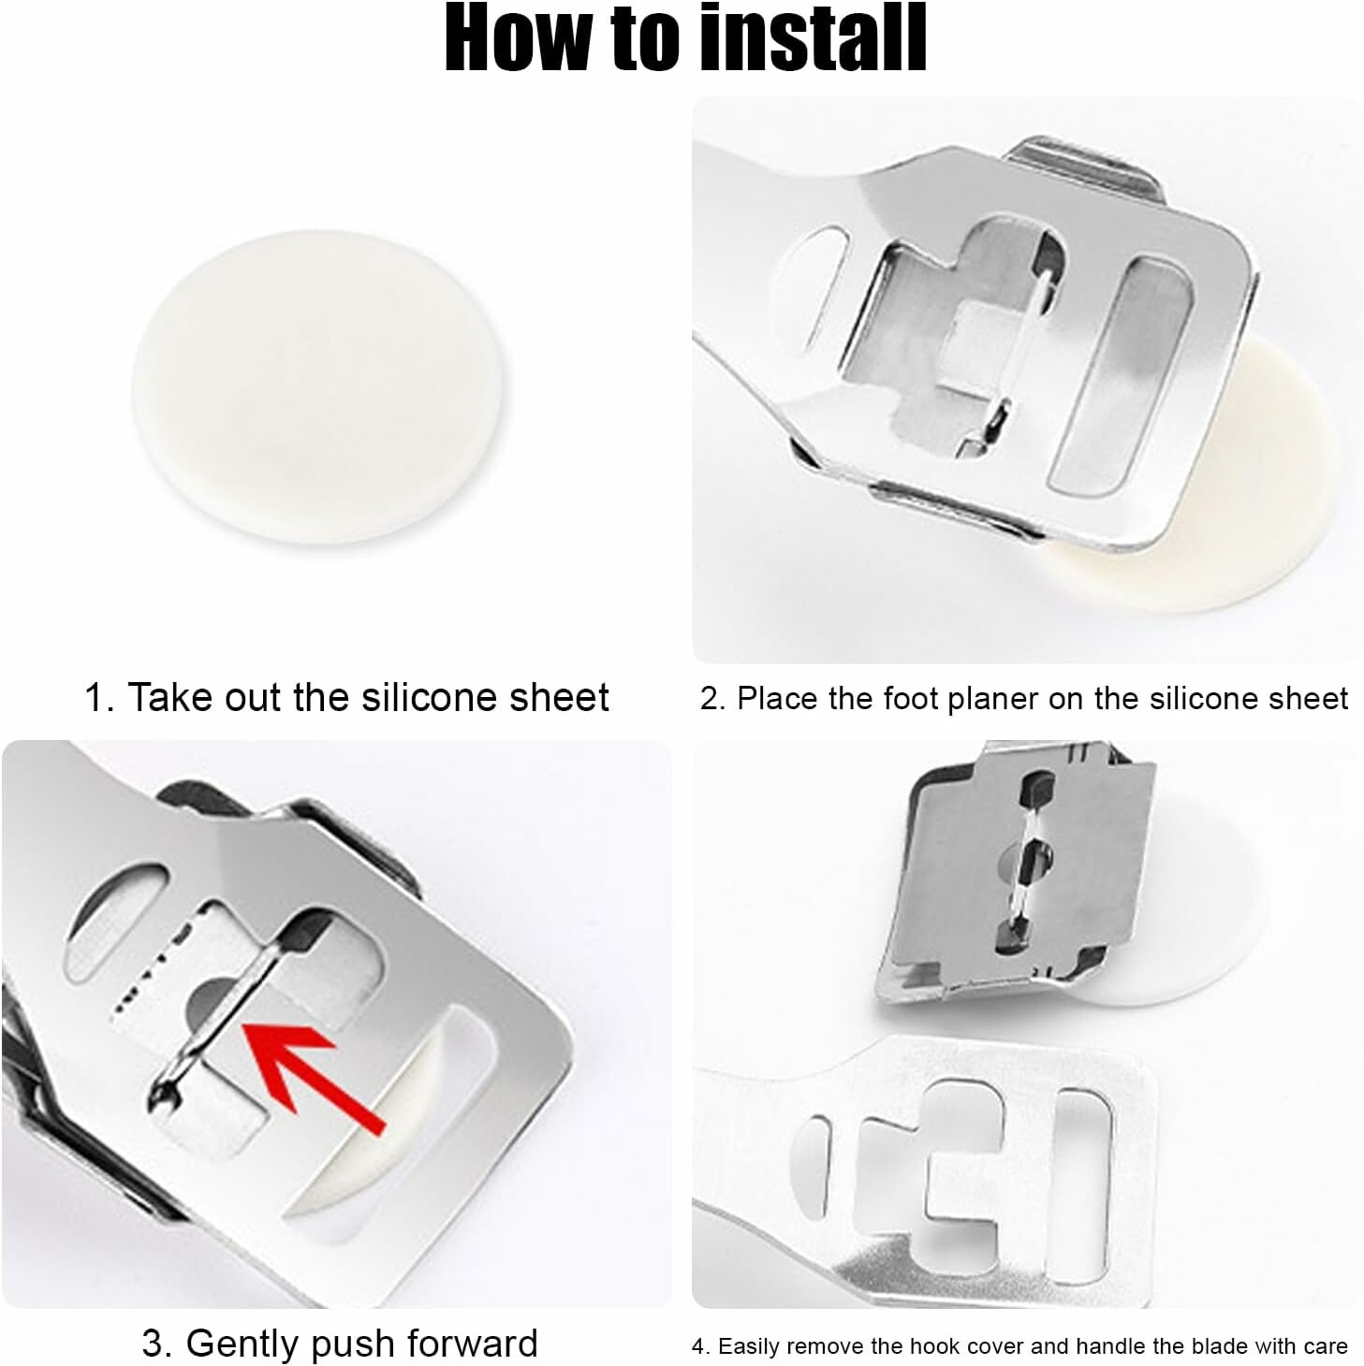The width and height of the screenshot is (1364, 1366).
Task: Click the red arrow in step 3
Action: (309, 1071)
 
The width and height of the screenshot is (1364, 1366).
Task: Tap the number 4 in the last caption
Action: (697, 1346)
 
